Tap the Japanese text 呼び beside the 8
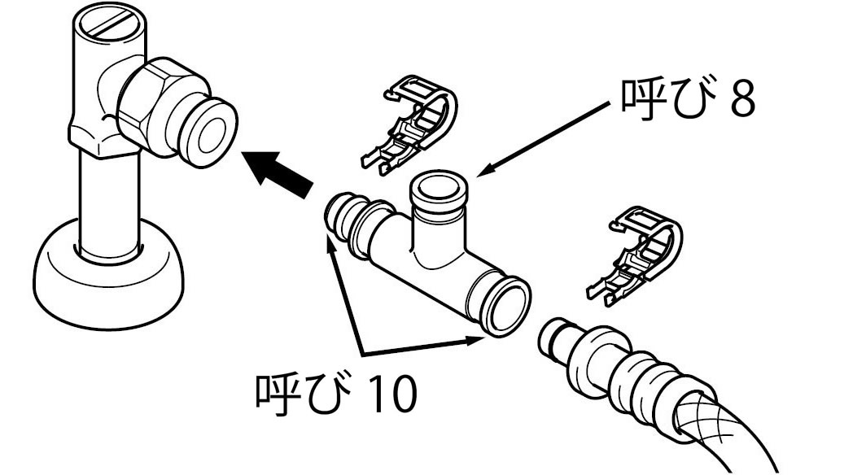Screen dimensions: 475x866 click(662, 99)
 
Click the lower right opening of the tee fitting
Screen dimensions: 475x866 click(507, 307)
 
